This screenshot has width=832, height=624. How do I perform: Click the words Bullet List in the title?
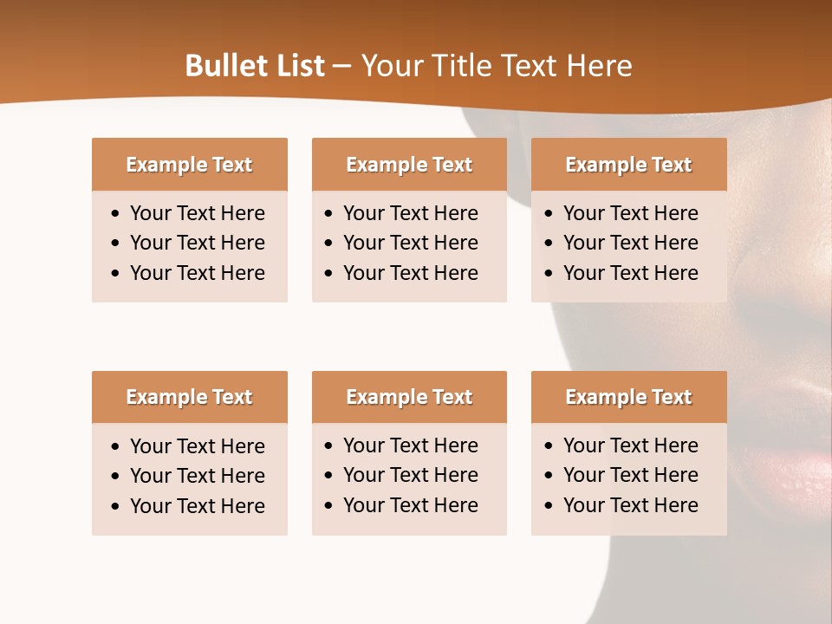coord(254,66)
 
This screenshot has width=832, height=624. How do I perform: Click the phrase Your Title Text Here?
coord(496,66)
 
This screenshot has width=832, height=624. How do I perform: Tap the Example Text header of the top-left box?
coord(189,165)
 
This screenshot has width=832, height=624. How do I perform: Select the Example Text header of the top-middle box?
coord(409,165)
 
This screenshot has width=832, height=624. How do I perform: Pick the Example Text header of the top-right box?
coord(628,165)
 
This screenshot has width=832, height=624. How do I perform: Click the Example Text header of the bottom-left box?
coord(189,397)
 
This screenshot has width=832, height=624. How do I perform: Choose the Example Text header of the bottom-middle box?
coord(409,397)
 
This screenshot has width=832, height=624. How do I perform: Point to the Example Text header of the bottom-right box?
coord(628,397)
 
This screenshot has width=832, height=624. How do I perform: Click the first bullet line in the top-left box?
coord(197,213)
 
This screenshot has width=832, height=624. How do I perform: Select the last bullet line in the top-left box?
coord(197,273)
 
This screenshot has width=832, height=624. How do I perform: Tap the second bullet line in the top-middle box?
coord(410,243)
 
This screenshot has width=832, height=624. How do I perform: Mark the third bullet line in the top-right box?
coord(630,273)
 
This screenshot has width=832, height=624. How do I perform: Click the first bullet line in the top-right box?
coord(630,213)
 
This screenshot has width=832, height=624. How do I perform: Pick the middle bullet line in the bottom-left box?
coord(197,476)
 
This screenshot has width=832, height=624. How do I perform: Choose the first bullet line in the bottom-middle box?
coord(410,445)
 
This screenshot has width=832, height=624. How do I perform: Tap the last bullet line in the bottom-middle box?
coord(410,505)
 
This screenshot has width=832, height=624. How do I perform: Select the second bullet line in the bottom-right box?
coord(630,475)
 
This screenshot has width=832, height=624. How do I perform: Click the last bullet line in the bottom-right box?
coord(630,505)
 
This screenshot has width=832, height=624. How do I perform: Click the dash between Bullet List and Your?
coord(342,67)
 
